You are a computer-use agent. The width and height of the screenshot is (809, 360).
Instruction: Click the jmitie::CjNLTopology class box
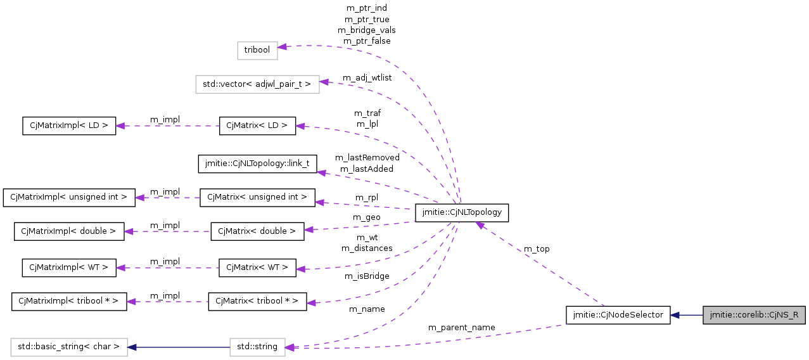pyautogui.click(x=461, y=213)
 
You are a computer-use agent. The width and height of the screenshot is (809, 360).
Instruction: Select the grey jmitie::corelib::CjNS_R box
pyautogui.click(x=754, y=315)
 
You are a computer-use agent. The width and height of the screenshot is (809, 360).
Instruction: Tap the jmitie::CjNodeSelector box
pyautogui.click(x=618, y=315)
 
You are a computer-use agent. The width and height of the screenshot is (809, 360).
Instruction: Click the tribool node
pyautogui.click(x=257, y=51)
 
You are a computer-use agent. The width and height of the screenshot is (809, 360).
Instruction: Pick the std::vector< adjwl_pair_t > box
pyautogui.click(x=257, y=84)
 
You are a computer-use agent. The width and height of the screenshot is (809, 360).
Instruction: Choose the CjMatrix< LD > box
pyautogui.click(x=257, y=125)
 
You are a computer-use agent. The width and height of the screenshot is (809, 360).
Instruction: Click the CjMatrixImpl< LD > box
pyautogui.click(x=69, y=125)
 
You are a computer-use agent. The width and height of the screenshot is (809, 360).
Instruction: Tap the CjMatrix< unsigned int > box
pyautogui.click(x=257, y=197)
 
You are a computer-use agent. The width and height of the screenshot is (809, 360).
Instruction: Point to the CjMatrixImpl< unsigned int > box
pyautogui.click(x=69, y=197)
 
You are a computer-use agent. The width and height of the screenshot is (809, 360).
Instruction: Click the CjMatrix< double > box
pyautogui.click(x=257, y=231)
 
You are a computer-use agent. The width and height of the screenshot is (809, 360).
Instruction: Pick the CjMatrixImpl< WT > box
pyautogui.click(x=69, y=268)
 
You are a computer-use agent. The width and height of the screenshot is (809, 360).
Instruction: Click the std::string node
pyautogui.click(x=257, y=347)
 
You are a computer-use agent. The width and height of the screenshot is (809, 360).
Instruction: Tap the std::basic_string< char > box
pyautogui.click(x=69, y=347)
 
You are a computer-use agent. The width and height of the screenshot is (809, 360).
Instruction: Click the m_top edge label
pyautogui.click(x=537, y=249)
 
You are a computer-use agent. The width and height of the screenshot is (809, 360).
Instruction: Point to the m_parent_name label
pyautogui.click(x=461, y=328)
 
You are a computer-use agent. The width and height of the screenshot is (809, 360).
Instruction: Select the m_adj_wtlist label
pyautogui.click(x=367, y=78)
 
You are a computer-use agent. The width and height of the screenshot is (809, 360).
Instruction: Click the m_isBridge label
pyautogui.click(x=367, y=276)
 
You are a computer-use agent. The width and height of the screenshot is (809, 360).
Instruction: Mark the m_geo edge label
pyautogui.click(x=366, y=217)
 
